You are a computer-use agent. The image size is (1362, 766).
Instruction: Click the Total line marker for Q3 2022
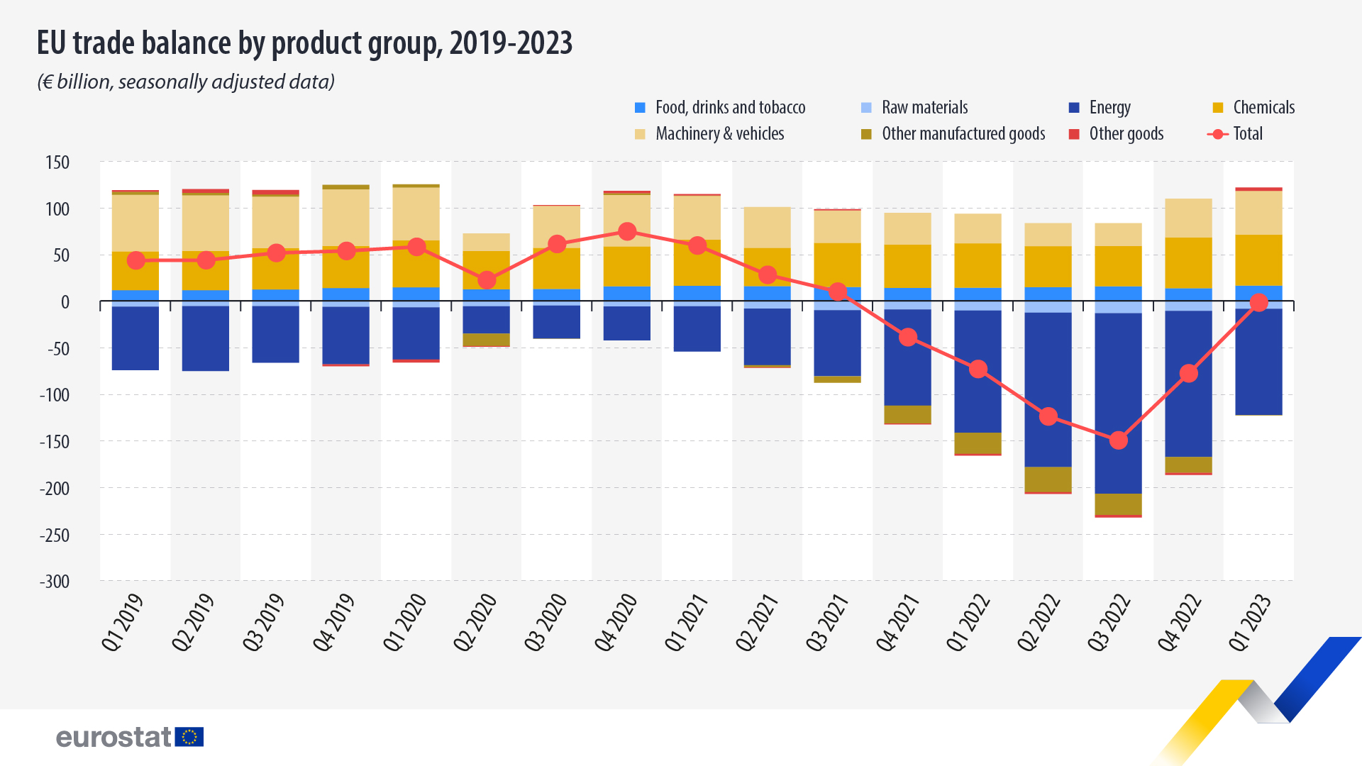click(x=1118, y=440)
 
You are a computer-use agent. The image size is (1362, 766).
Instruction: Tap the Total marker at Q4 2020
click(x=626, y=231)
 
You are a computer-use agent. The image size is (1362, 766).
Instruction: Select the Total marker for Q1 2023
click(x=1258, y=303)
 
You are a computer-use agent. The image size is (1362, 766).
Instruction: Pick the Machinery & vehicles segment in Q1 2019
click(x=135, y=222)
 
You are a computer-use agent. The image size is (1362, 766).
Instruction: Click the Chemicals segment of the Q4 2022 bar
click(x=1188, y=262)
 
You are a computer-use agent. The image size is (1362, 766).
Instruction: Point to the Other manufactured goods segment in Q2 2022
click(x=1048, y=479)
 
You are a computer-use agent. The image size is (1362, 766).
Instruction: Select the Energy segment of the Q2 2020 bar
click(x=486, y=319)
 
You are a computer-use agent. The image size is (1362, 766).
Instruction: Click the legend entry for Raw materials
click(x=924, y=108)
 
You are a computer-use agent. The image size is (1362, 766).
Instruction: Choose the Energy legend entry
click(x=1109, y=108)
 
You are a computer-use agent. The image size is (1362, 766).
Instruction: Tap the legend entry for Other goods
click(x=1126, y=134)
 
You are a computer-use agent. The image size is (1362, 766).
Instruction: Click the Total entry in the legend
click(x=1247, y=134)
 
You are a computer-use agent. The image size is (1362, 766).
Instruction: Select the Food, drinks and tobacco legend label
click(x=730, y=108)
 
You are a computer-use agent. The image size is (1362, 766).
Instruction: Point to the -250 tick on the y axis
click(x=55, y=535)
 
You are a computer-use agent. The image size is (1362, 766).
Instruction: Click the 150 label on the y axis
click(x=57, y=162)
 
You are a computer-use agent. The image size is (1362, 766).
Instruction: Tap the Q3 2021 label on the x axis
click(x=828, y=623)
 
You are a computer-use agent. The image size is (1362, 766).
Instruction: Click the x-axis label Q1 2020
click(x=406, y=623)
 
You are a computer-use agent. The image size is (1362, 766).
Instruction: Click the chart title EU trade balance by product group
click(x=304, y=43)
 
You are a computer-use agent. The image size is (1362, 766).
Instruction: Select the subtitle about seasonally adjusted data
click(x=186, y=82)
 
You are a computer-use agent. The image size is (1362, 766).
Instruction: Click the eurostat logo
click(x=130, y=737)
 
